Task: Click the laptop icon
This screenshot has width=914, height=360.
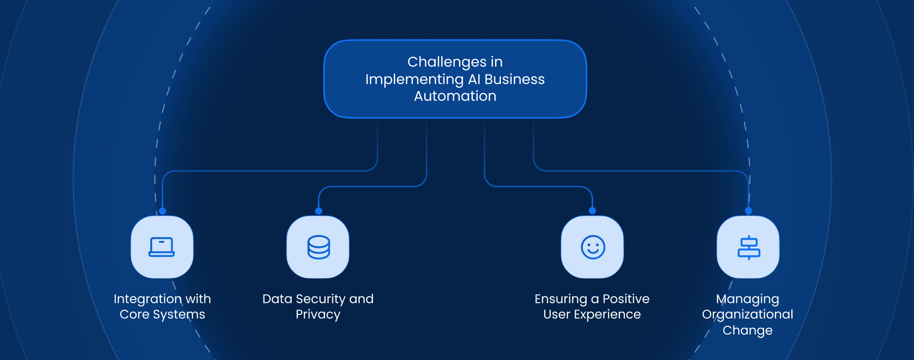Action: click(161, 247)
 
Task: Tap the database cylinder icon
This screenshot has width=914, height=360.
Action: click(318, 247)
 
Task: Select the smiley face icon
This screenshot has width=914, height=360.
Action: click(593, 247)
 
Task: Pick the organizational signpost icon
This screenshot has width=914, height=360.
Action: click(749, 248)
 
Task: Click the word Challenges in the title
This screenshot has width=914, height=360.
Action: click(447, 62)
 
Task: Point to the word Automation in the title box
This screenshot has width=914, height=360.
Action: click(455, 96)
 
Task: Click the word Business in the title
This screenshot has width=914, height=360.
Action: click(514, 79)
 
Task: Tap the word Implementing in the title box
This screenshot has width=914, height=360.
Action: click(414, 79)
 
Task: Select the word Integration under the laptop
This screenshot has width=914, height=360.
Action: click(147, 299)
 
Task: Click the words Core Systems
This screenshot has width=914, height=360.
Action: click(162, 314)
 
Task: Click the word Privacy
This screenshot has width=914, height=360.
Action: click(318, 314)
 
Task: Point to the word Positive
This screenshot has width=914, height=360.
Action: click(626, 299)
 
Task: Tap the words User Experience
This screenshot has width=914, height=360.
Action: click(592, 314)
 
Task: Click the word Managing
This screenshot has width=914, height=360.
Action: click(748, 299)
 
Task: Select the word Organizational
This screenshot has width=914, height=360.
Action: click(748, 314)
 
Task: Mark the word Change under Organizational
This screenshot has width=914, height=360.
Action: click(748, 331)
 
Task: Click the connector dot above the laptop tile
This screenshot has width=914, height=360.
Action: click(162, 211)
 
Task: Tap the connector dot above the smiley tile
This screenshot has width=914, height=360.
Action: click(592, 211)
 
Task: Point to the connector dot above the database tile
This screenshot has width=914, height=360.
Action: click(318, 211)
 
